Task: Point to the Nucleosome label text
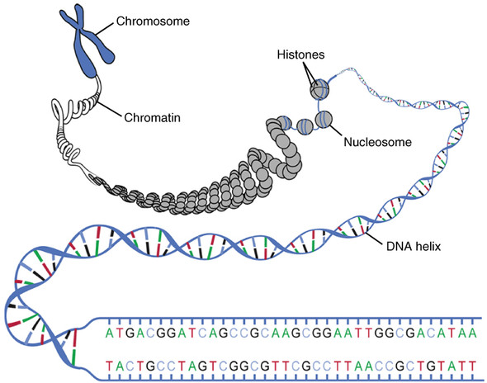click(379, 141)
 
